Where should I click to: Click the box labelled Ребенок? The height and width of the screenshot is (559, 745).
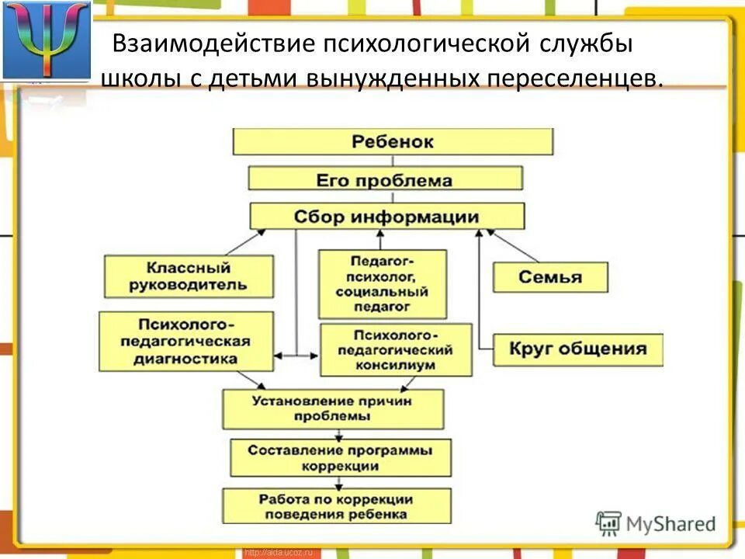(x=393, y=142)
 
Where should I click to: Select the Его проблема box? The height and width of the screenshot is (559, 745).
(x=385, y=180)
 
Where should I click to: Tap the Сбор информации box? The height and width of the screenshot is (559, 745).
(x=386, y=216)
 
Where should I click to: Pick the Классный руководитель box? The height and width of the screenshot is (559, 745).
(x=189, y=276)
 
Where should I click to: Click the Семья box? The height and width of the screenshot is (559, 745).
(x=549, y=277)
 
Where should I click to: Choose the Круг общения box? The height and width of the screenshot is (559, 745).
(x=577, y=349)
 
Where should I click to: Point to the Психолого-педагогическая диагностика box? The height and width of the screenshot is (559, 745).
(x=185, y=341)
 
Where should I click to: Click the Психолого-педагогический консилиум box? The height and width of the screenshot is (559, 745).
(x=395, y=349)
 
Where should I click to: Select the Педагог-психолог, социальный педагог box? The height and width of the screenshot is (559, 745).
(x=382, y=284)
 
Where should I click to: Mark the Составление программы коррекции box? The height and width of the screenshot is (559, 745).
(x=340, y=457)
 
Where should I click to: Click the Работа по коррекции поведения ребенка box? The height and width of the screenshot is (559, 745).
(x=336, y=506)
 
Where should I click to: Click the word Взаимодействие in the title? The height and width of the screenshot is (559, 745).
(x=212, y=44)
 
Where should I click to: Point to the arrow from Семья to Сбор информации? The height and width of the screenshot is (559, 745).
(x=512, y=245)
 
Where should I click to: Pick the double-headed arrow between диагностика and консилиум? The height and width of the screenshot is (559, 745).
(x=296, y=356)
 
